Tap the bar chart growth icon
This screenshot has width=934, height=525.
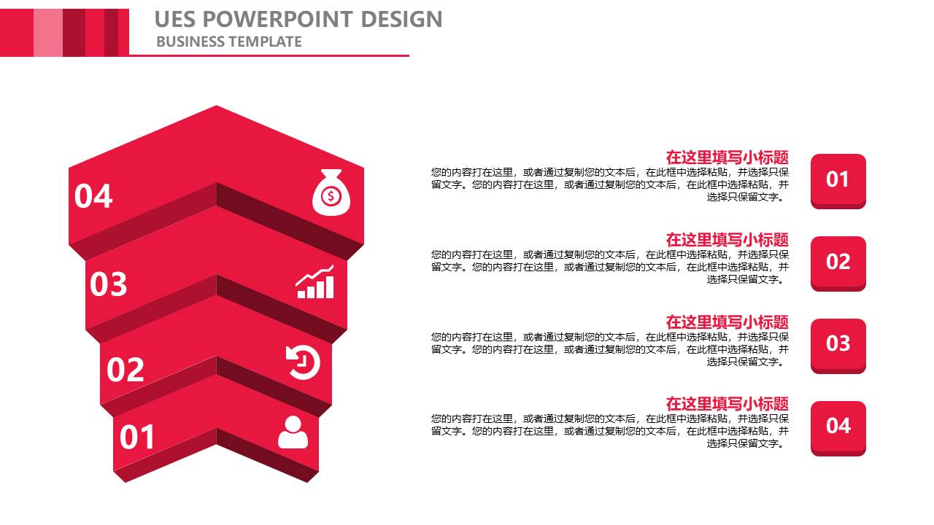click(314, 281)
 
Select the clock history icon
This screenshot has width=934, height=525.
click(303, 362)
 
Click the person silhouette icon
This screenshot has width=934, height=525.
click(293, 432)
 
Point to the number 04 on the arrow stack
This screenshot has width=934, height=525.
click(93, 196)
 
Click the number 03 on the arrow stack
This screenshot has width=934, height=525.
click(109, 284)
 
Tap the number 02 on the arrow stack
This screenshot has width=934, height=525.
click(126, 370)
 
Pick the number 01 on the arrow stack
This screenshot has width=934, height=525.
click(137, 437)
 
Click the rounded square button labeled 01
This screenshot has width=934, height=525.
click(838, 182)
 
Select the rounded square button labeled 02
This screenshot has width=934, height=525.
click(838, 264)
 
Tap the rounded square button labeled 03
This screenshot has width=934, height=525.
click(838, 346)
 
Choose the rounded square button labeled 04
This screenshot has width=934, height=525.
click(838, 428)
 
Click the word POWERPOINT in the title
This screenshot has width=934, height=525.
click(278, 19)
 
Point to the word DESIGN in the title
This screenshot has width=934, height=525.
click(401, 19)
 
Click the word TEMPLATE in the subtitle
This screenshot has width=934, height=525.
click(265, 42)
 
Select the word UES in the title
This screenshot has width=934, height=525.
click(174, 19)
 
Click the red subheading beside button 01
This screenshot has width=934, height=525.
click(727, 157)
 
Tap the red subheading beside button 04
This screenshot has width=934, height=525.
click(727, 404)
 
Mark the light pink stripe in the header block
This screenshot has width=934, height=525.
click(48, 33)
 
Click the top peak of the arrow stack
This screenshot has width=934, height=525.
click(216, 106)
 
